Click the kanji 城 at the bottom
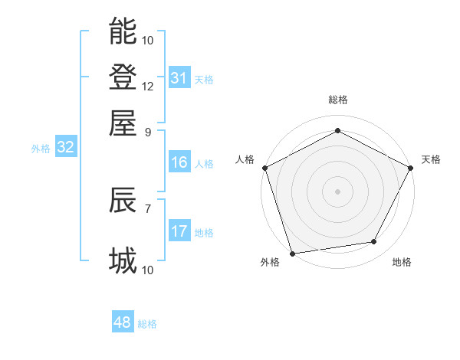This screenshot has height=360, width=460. [123, 261]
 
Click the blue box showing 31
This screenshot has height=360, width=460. [179, 78]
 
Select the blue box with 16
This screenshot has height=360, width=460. [179, 162]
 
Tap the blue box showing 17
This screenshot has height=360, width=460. [179, 231]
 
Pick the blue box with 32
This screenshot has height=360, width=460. [65, 148]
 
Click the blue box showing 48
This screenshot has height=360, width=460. [122, 322]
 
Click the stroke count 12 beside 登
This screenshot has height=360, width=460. [148, 86]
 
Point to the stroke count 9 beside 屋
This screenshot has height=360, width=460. [148, 131]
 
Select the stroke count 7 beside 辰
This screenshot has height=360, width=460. [148, 208]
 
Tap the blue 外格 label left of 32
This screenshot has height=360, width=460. [41, 149]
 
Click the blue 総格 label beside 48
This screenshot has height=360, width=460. [147, 324]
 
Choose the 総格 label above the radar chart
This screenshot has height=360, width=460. [337, 100]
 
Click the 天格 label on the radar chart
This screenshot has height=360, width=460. [431, 159]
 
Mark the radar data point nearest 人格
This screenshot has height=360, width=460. [265, 168]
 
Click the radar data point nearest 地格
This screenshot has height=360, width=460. [374, 242]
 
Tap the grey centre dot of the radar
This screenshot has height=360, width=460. [337, 191]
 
